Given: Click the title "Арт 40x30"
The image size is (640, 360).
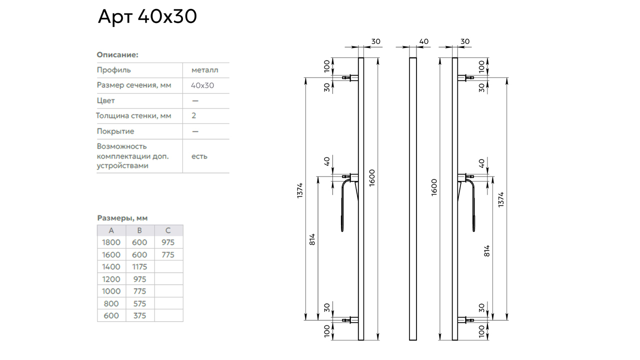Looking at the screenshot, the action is [x=147, y=16].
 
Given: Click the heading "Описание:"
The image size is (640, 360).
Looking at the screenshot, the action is [x=117, y=54].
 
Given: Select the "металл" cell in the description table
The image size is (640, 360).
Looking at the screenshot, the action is [x=205, y=70].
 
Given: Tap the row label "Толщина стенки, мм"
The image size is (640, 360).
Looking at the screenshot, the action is [x=133, y=115].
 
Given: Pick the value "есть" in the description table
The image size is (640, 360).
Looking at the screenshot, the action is [x=199, y=156].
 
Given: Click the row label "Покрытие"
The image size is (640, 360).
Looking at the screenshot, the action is [x=115, y=131].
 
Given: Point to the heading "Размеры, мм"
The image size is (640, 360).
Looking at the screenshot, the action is [x=122, y=218].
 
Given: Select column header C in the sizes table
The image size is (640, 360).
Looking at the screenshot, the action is [x=168, y=230].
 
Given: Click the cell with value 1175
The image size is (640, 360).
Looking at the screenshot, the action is [x=139, y=267].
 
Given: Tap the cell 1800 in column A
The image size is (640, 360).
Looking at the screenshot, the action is [x=111, y=242].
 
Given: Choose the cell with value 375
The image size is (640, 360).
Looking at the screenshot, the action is [x=139, y=315].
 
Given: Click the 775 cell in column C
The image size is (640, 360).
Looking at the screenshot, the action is [x=168, y=254].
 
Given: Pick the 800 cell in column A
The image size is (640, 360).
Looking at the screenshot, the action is [x=111, y=303].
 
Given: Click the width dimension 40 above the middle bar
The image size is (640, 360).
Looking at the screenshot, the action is [x=423, y=41].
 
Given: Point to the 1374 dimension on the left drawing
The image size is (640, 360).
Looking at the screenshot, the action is [x=299, y=190].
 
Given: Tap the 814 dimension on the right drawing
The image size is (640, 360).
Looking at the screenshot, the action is [x=487, y=251].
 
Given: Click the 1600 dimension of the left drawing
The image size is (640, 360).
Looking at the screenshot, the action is [x=371, y=178].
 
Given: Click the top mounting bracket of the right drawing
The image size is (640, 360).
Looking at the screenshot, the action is [x=465, y=77].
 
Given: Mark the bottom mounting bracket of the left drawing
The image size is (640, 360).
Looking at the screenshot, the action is [x=350, y=320].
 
